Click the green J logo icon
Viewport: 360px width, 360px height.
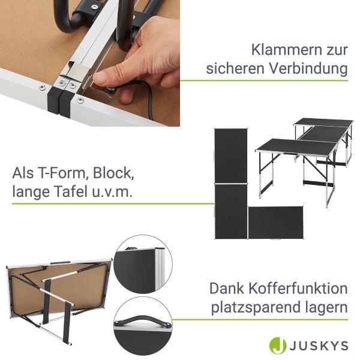(278, 346)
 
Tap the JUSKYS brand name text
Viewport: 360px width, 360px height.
(319, 346)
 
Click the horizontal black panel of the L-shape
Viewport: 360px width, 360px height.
(275, 223)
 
